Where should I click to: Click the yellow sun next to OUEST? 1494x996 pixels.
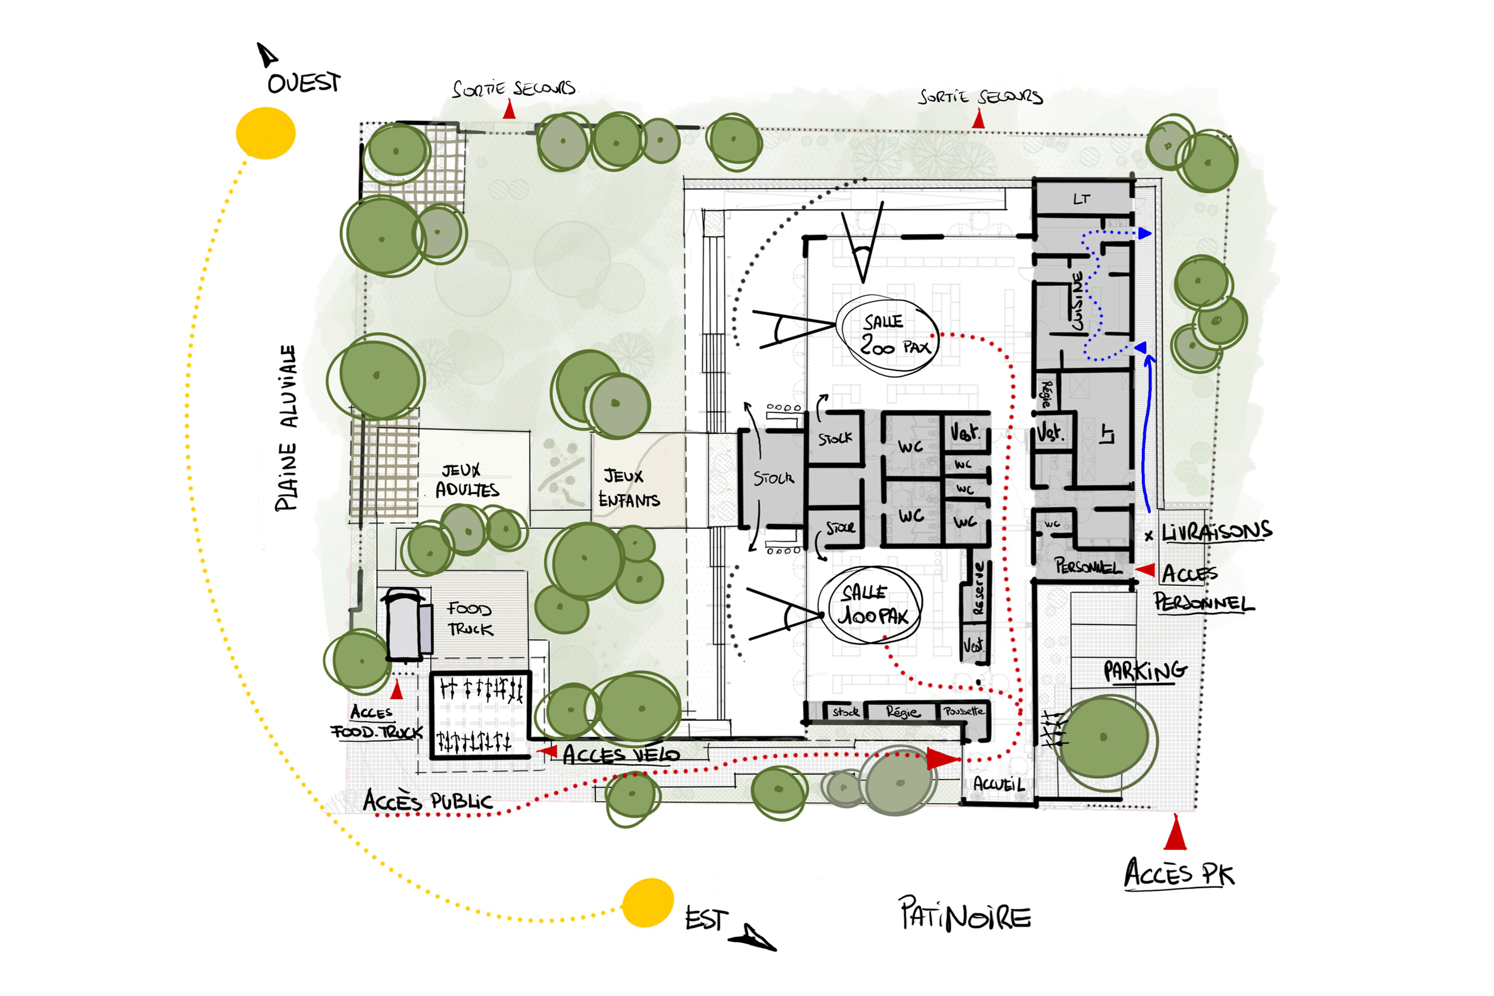(x=265, y=133)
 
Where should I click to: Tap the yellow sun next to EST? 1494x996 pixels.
(x=647, y=902)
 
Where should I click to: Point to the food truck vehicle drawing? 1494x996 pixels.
(x=406, y=624)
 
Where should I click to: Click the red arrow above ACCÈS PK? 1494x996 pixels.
(x=1175, y=833)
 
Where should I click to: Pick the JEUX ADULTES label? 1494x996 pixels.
(x=467, y=480)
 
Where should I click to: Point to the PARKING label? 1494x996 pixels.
(x=1144, y=671)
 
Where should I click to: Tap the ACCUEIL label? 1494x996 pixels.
(x=998, y=784)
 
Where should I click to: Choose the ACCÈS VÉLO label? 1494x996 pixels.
(x=621, y=754)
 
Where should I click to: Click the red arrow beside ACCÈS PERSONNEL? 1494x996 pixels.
(x=1144, y=570)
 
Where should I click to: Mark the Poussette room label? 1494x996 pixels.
(x=964, y=712)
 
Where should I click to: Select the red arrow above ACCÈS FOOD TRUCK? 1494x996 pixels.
(x=397, y=689)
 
